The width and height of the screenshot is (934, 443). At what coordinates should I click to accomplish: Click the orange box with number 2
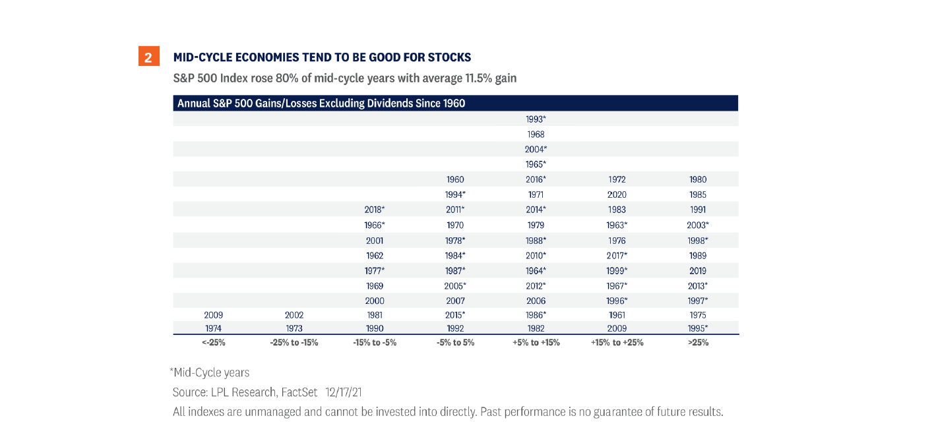click(x=148, y=57)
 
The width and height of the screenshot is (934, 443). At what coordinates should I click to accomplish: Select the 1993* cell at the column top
click(x=536, y=119)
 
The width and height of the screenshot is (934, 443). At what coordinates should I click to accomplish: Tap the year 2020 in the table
click(x=616, y=194)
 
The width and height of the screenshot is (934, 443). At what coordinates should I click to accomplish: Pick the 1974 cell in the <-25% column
click(x=214, y=328)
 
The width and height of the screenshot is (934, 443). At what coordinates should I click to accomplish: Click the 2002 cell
click(x=294, y=315)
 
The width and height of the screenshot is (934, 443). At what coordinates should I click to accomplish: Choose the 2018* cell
click(x=374, y=210)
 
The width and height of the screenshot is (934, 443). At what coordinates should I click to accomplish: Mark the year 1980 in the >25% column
click(x=697, y=179)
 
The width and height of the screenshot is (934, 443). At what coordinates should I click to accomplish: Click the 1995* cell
click(x=697, y=328)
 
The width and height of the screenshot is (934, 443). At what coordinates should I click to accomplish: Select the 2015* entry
click(x=455, y=315)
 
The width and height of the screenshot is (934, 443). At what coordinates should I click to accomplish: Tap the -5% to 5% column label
click(x=455, y=343)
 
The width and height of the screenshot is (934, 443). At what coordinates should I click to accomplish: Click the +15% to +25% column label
click(x=616, y=343)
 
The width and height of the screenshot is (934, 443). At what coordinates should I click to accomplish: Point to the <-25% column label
click(x=214, y=343)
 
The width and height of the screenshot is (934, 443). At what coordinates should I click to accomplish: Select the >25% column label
click(x=697, y=343)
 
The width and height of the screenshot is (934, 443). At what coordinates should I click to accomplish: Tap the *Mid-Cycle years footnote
click(x=210, y=373)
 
